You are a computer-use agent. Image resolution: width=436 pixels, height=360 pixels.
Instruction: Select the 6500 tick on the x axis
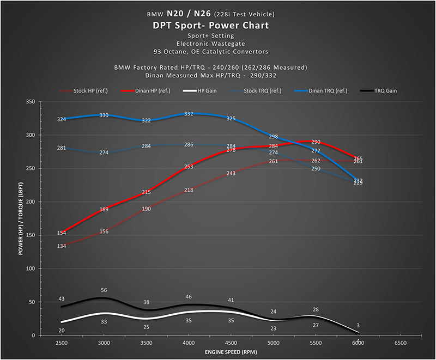click(x=401, y=343)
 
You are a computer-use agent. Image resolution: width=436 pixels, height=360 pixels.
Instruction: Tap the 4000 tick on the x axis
click(x=189, y=343)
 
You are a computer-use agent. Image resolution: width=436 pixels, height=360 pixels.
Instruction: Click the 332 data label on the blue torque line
click(x=189, y=114)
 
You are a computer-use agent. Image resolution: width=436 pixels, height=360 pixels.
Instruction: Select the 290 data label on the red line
click(x=316, y=142)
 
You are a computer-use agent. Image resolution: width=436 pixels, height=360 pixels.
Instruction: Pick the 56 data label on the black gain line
click(x=104, y=291)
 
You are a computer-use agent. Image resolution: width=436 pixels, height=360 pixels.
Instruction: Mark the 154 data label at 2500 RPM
click(x=62, y=233)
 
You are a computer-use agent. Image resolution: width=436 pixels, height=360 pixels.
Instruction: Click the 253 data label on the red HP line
click(x=189, y=167)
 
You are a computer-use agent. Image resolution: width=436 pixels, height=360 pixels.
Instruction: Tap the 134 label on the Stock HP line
click(x=62, y=246)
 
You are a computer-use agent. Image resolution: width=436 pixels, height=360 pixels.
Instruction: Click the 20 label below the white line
click(x=62, y=330)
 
